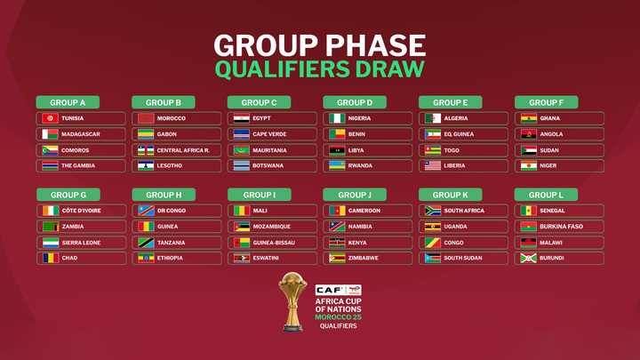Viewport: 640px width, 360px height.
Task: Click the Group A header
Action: (x=68, y=102)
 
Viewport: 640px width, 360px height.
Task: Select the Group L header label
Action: (x=546, y=195)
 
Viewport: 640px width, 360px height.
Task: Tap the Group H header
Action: (x=163, y=195)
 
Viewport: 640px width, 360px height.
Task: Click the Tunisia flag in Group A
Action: (x=50, y=118)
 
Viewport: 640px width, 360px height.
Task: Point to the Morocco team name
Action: (x=171, y=118)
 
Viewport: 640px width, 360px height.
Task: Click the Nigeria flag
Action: (x=337, y=118)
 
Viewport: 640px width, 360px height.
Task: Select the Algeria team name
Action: (x=456, y=118)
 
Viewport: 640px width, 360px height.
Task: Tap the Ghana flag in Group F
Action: (x=528, y=118)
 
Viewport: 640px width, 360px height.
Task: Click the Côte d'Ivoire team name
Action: (x=81, y=211)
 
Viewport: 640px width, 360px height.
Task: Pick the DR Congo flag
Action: (x=146, y=211)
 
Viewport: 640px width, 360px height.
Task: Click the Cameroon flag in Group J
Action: (x=337, y=211)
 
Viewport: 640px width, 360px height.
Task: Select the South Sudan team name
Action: (x=464, y=259)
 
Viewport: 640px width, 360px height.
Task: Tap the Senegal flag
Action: (x=528, y=211)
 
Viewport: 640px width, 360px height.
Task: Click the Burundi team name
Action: (x=554, y=259)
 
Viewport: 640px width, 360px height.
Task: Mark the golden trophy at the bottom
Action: (x=292, y=302)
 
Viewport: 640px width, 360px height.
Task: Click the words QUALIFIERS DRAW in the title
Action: (x=319, y=68)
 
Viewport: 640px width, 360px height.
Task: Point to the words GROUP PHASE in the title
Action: (x=319, y=44)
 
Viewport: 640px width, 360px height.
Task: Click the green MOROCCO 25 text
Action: (x=339, y=317)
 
